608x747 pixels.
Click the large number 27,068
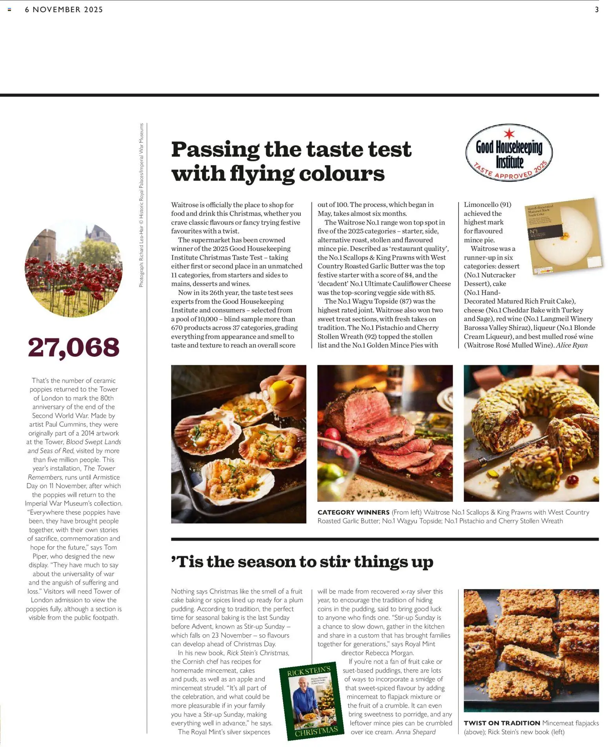click(x=73, y=347)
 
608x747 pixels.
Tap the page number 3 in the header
click(x=597, y=10)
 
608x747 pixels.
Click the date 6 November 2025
click(x=64, y=10)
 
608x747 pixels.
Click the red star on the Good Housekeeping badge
click(x=509, y=133)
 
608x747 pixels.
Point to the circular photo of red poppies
click(x=73, y=269)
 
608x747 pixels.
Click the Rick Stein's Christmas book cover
click(x=312, y=702)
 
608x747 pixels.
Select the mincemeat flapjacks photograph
click(x=531, y=650)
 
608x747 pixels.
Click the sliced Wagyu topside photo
click(x=385, y=433)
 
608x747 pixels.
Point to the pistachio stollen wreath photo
click(x=531, y=433)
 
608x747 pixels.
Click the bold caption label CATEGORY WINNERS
click(x=353, y=512)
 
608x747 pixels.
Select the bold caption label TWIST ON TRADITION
click(x=502, y=723)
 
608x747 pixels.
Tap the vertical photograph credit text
click(x=141, y=205)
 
